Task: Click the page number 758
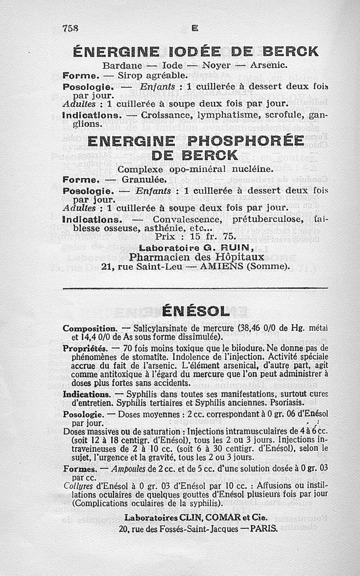click(x=70, y=28)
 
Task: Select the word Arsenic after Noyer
click(x=268, y=65)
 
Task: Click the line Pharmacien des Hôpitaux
click(x=196, y=256)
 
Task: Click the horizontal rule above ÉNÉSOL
click(x=195, y=288)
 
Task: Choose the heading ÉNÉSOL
click(x=195, y=311)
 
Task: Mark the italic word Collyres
click(x=77, y=486)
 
